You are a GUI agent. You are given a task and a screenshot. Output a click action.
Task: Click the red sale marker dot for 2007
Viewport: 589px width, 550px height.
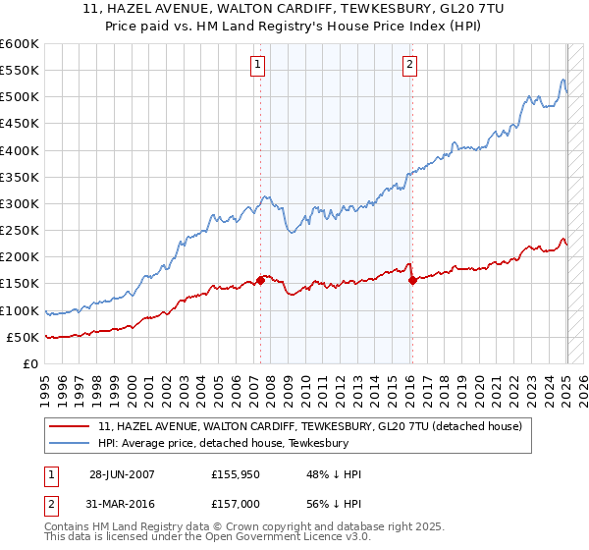pos(260,280)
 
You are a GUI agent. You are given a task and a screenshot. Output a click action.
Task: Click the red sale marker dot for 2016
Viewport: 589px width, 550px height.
pos(412,280)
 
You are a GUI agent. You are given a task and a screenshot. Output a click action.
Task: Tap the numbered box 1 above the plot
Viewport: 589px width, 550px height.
pos(257,66)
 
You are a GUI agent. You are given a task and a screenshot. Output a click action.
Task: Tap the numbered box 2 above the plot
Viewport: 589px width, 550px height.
pos(409,66)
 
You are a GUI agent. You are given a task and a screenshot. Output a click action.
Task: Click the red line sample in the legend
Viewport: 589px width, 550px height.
pos(70,426)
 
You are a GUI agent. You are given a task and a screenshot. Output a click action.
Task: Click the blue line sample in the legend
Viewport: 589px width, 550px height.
pos(70,443)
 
